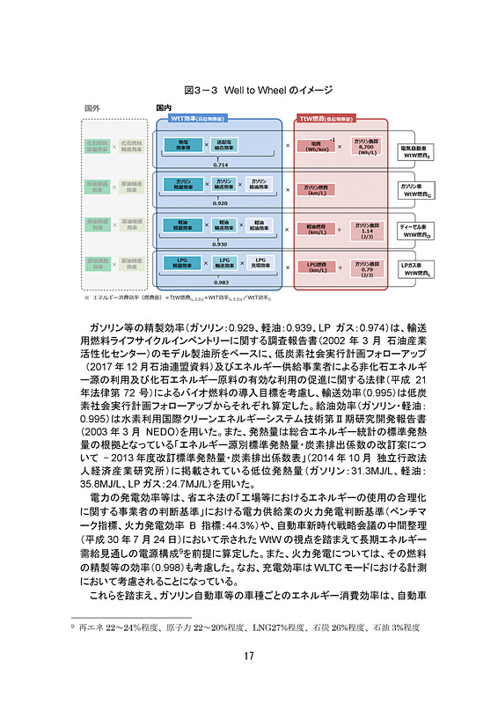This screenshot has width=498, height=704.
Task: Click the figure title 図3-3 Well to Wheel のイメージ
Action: pos(248,91)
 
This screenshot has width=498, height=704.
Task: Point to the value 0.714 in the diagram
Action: pos(220,165)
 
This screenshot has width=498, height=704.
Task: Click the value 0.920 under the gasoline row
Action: pos(220,202)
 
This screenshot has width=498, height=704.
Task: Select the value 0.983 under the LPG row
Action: pos(220,282)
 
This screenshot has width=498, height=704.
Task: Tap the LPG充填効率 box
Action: pos(261,262)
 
